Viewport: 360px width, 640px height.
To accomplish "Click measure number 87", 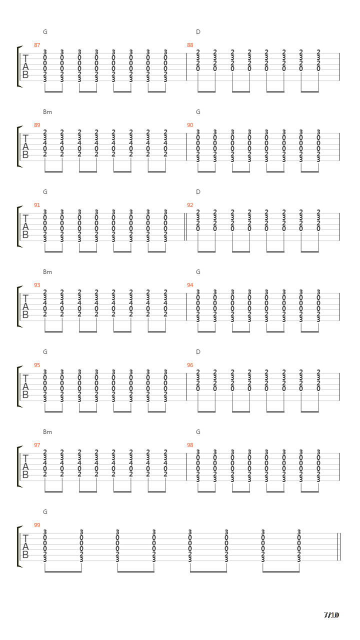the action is (x=37, y=45).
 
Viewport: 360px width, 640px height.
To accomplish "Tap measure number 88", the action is (x=190, y=45).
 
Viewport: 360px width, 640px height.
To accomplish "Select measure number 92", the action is (x=190, y=205).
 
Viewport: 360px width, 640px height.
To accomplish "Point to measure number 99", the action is (x=37, y=525).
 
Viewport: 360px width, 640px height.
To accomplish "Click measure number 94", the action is (x=190, y=285).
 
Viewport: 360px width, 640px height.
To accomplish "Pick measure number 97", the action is (x=37, y=445).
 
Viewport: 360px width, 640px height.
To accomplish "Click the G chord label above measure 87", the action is (x=45, y=32).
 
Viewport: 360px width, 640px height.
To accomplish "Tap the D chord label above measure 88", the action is (x=198, y=32).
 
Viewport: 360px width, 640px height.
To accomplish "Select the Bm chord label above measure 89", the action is (x=47, y=112).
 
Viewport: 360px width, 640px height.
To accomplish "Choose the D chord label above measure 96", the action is (x=198, y=352).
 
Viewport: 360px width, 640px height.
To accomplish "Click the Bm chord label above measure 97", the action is (x=47, y=432).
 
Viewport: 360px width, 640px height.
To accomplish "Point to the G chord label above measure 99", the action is (x=45, y=512).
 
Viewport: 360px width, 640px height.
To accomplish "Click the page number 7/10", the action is (x=331, y=615).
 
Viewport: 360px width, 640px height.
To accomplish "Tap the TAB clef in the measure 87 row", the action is (x=25, y=66).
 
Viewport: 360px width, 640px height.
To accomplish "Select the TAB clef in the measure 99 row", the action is (x=25, y=546).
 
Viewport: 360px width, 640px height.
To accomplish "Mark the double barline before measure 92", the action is (x=185, y=226).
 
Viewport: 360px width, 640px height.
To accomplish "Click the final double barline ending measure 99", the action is (x=339, y=546).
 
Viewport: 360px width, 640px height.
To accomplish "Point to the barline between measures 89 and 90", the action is (x=186, y=146).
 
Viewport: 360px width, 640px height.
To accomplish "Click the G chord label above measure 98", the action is (x=198, y=432).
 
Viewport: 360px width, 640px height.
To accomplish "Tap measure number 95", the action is (x=37, y=365).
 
